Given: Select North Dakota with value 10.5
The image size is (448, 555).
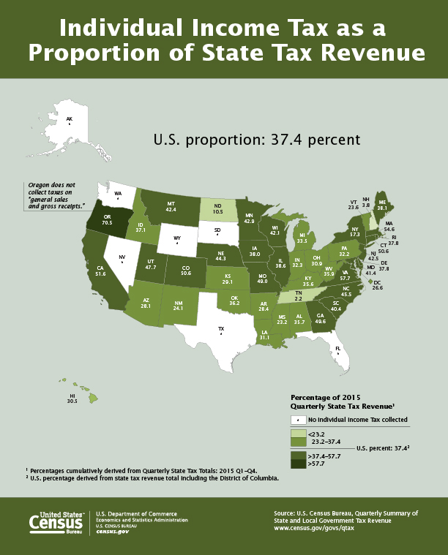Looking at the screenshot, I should point(218,209).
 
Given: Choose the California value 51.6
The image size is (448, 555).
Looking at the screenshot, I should point(100,273).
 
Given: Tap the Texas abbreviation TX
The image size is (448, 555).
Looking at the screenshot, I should point(220,329).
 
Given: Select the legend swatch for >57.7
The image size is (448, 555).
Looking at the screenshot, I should point(297,462).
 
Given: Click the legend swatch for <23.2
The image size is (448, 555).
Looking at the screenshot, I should point(297,432).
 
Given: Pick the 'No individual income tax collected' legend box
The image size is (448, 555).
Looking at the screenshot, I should point(298,420).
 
